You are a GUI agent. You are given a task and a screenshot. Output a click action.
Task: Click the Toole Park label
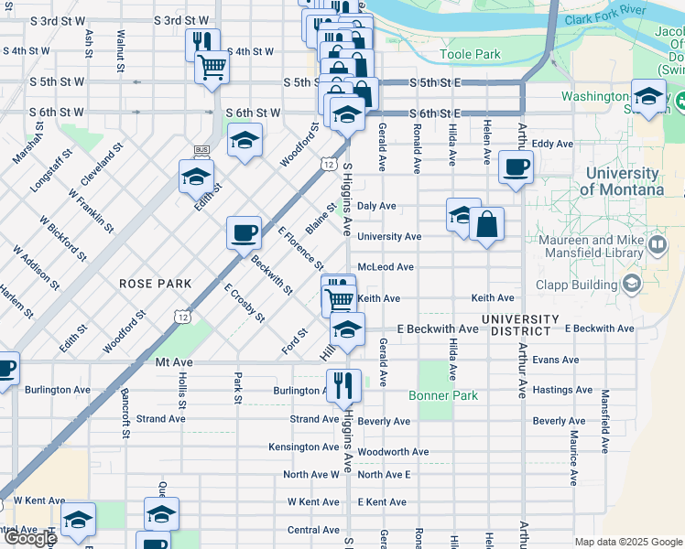[470, 55]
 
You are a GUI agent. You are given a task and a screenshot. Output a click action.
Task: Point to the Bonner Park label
[443, 396]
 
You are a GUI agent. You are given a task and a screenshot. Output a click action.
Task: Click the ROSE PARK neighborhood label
[156, 284]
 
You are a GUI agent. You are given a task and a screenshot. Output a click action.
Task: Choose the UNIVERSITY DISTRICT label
[520, 325]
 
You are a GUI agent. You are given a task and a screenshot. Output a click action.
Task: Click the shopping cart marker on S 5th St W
[212, 67]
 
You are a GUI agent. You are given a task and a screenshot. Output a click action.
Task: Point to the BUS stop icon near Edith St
[202, 150]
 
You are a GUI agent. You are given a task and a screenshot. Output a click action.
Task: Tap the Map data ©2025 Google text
[628, 542]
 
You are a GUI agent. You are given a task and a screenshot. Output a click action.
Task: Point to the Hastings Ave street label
[565, 390]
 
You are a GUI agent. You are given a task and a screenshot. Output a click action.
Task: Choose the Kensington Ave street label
[303, 447]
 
